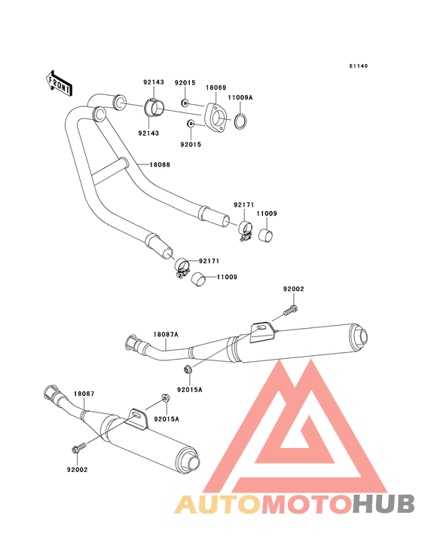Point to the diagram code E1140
pyautogui.click(x=358, y=66)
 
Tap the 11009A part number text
pyautogui.click(x=241, y=98)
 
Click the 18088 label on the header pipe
pyautogui.click(x=159, y=164)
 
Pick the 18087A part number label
pyautogui.click(x=166, y=334)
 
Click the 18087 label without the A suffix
pyautogui.click(x=83, y=394)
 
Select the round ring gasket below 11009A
pyautogui.click(x=242, y=121)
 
